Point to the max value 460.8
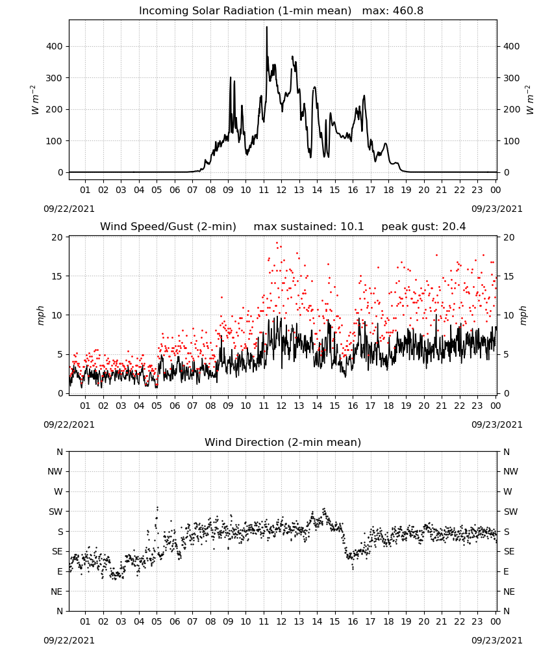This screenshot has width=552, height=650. pyautogui.click(x=408, y=11)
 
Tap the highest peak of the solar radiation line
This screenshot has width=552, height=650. pyautogui.click(x=267, y=27)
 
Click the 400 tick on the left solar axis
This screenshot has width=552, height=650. pyautogui.click(x=55, y=46)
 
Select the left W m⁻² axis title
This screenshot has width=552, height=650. pyautogui.click(x=35, y=100)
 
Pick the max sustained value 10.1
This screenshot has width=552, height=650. pyautogui.click(x=352, y=227)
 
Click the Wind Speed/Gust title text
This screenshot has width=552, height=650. pyautogui.click(x=168, y=227)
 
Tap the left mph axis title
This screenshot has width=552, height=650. pyautogui.click(x=40, y=315)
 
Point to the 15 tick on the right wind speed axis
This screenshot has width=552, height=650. pyautogui.click(x=508, y=276)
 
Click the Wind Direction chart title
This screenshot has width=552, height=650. pyautogui.click(x=283, y=442)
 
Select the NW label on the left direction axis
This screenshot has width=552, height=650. pyautogui.click(x=55, y=472)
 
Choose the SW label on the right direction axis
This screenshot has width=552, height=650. pyautogui.click(x=510, y=512)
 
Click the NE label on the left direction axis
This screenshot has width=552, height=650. pyautogui.click(x=56, y=591)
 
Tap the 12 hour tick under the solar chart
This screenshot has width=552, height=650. pyautogui.click(x=281, y=190)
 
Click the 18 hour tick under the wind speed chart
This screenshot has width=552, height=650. pyautogui.click(x=388, y=406)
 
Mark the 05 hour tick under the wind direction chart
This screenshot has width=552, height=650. pyautogui.click(x=157, y=622)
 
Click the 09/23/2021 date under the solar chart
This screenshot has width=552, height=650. pyautogui.click(x=497, y=209)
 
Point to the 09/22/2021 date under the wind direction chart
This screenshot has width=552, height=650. pyautogui.click(x=69, y=640)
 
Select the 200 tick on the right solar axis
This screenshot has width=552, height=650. pyautogui.click(x=512, y=109)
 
